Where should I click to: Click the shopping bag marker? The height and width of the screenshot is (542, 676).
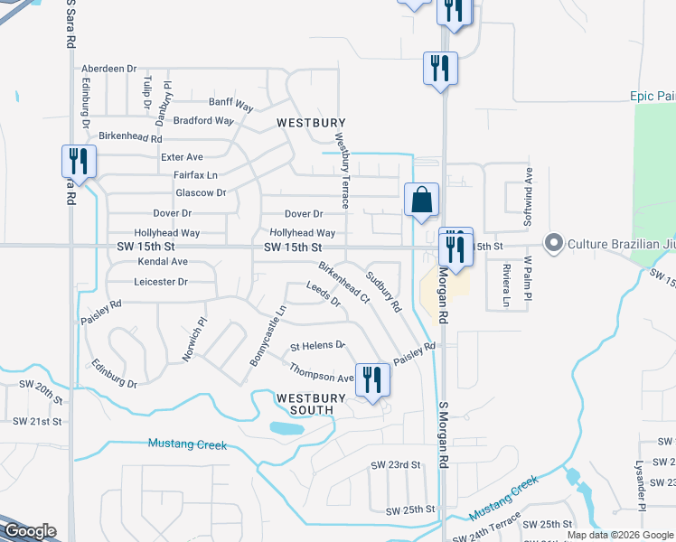point(421,201)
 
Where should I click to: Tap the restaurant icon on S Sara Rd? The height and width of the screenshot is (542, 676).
point(79,163)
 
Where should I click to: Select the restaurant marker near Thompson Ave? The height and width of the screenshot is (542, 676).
point(372,380)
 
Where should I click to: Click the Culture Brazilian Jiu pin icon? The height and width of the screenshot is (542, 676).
point(553,243)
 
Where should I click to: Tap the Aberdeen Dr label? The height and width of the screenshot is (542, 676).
point(108,68)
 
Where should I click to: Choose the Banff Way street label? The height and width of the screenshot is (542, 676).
point(233,102)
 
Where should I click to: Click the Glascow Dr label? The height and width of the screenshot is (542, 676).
point(201,192)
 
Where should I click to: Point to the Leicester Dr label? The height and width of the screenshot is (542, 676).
point(159,282)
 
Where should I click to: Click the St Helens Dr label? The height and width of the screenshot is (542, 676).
point(317,345)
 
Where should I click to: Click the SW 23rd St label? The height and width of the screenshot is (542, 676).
point(396,464)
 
